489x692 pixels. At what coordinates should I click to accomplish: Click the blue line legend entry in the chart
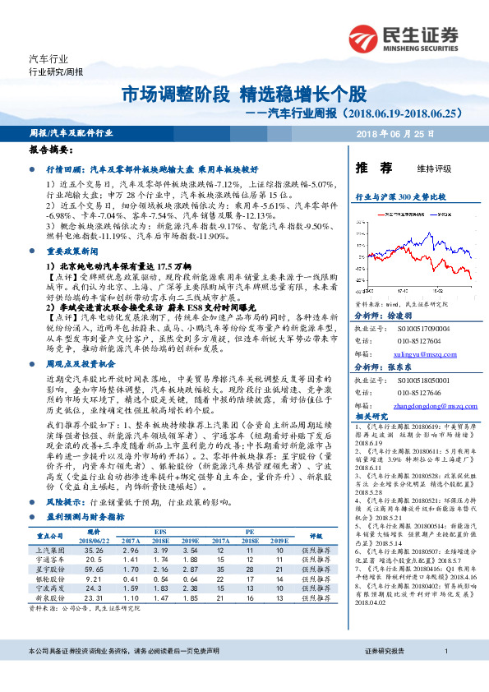click(x=436, y=214)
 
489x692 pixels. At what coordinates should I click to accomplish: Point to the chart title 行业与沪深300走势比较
click(x=400, y=198)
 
